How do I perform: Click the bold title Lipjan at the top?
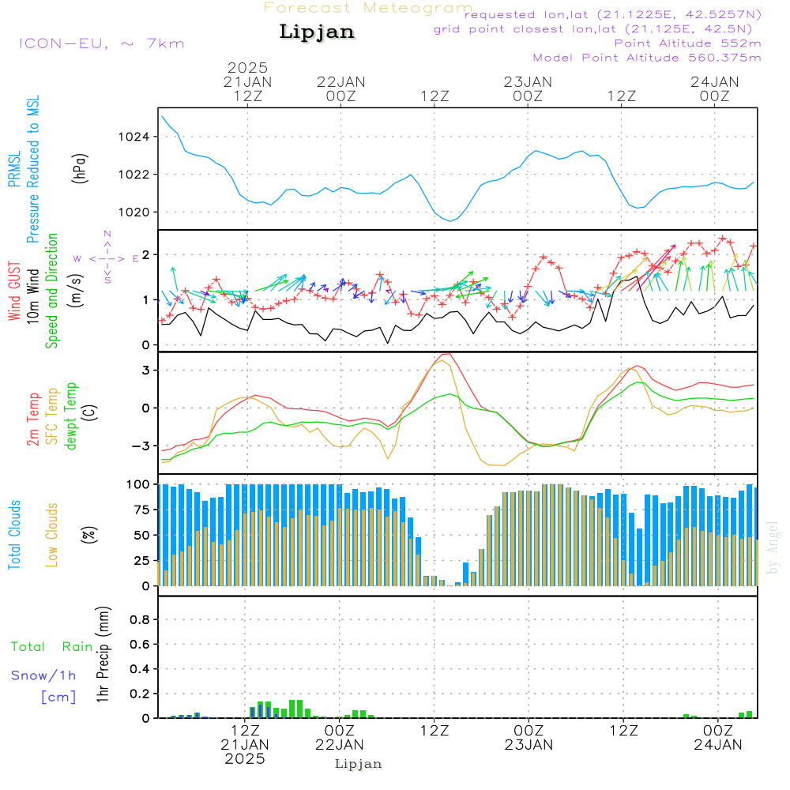pyautogui.click(x=317, y=32)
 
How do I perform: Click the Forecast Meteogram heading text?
pyautogui.click(x=368, y=8)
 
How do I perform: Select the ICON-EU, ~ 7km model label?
pyautogui.click(x=101, y=43)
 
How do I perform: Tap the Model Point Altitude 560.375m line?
pyautogui.click(x=647, y=58)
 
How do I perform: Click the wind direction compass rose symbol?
pyautogui.click(x=107, y=258)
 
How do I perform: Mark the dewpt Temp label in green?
pyautogui.click(x=71, y=416)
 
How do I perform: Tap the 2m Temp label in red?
pyautogui.click(x=33, y=416)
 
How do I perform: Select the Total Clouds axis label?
pyautogui.click(x=14, y=535)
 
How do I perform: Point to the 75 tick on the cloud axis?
pyautogui.click(x=139, y=510)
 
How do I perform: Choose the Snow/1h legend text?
pyautogui.click(x=44, y=675)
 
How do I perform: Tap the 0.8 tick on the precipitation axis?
pyautogui.click(x=139, y=620)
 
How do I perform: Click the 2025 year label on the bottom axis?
pyautogui.click(x=245, y=758)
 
